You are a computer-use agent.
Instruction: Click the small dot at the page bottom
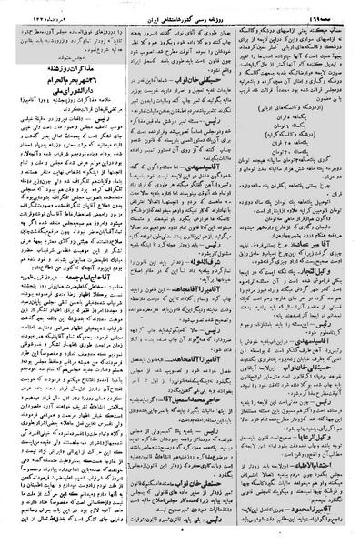point(181,538)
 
